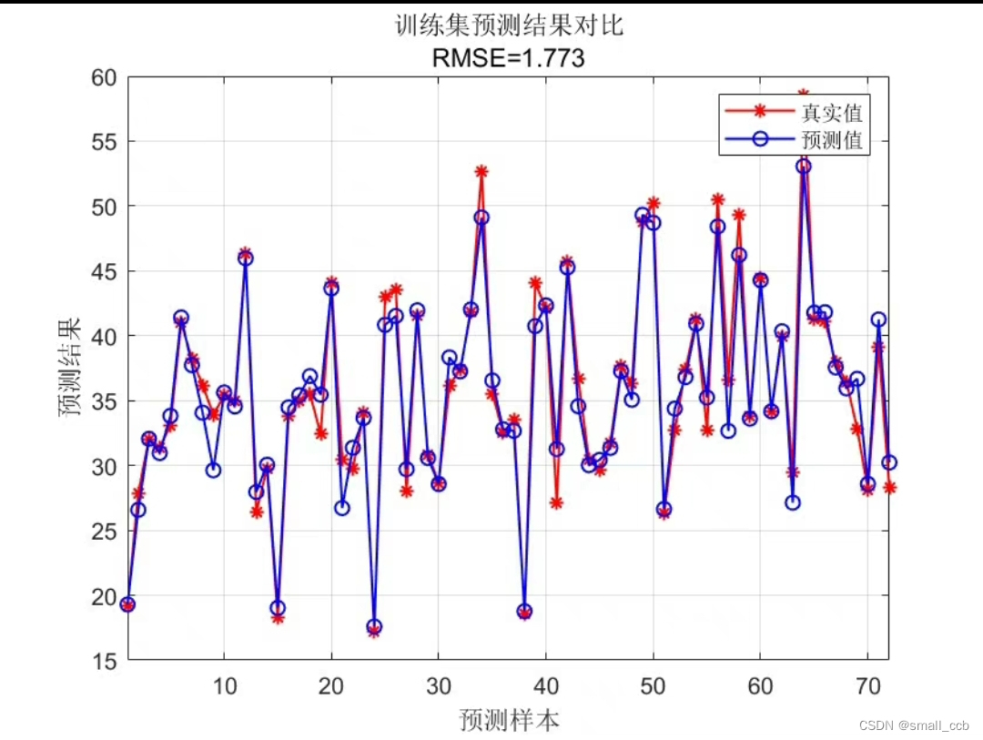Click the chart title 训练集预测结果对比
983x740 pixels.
coord(508,25)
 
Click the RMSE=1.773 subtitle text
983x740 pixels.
coord(508,59)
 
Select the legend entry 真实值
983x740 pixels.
coord(831,113)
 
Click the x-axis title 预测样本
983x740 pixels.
coord(509,721)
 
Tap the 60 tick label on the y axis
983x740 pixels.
coord(103,77)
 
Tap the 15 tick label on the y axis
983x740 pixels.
coord(103,662)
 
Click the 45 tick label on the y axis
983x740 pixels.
coord(103,272)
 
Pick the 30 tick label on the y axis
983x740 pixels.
coord(103,467)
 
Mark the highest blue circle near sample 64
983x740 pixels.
coord(803,166)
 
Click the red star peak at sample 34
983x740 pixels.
coord(481,172)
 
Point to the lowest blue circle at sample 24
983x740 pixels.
coord(374,627)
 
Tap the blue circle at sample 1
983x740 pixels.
coord(128,604)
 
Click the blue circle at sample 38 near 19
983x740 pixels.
coord(524,612)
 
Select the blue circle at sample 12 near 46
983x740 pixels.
coord(246,258)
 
